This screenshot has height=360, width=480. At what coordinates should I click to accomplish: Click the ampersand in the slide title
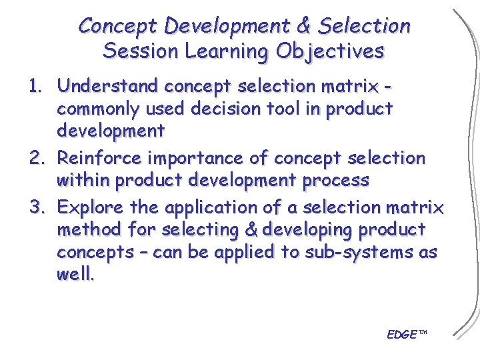(304, 26)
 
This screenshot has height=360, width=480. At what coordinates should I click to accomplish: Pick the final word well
(75, 274)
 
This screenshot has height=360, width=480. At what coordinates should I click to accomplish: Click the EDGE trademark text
(405, 333)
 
